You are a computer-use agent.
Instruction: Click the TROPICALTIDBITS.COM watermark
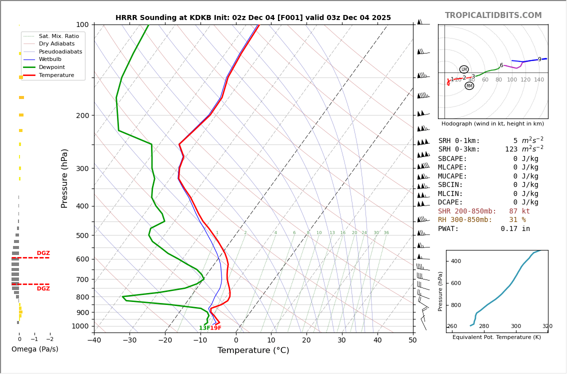493,15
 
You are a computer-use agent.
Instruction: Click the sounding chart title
253,18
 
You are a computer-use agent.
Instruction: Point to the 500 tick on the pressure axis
82,235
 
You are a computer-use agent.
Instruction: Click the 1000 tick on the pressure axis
80,326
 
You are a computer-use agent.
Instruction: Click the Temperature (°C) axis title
253,350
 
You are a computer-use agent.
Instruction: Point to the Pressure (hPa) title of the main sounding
65,178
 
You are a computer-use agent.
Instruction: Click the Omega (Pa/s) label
34,349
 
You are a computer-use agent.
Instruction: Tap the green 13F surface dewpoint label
204,328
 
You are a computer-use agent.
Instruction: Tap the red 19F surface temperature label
215,328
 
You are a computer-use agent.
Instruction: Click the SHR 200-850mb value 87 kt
519,211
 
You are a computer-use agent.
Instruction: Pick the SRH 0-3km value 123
511,149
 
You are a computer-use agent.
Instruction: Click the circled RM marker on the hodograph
469,86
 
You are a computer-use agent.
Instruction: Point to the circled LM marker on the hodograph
463,69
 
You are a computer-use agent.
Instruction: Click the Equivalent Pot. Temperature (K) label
496,337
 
